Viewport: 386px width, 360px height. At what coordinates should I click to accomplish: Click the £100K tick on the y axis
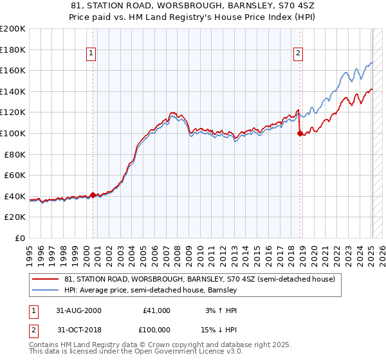tap(13, 133)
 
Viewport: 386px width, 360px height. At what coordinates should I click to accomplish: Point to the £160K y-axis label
tap(13, 70)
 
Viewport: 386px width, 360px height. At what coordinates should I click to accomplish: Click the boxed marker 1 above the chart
tap(92, 54)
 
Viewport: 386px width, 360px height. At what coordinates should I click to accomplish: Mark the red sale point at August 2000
tap(93, 195)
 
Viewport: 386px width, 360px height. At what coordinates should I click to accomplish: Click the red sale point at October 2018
tap(300, 133)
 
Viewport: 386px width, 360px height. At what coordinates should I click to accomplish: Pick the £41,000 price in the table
tap(156, 310)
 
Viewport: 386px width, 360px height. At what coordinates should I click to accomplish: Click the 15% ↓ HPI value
tap(219, 330)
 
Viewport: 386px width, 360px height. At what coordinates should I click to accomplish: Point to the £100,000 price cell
tap(154, 330)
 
